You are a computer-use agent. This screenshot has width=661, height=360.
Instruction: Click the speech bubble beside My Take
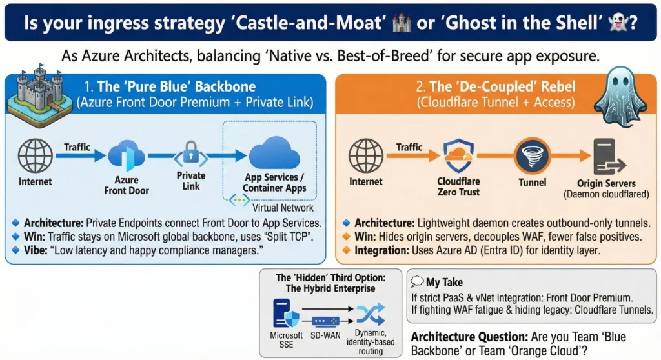point(417,282)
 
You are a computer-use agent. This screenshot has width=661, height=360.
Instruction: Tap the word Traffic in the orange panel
point(409,148)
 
